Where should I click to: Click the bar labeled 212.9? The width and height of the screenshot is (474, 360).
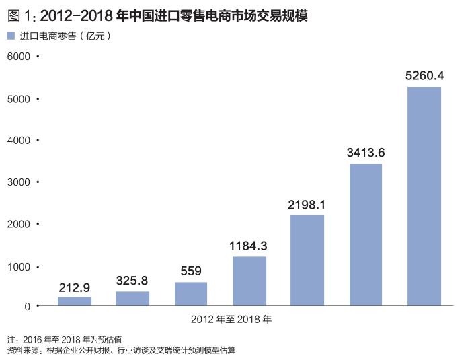(74, 301)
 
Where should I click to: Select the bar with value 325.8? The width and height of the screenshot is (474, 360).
(132, 298)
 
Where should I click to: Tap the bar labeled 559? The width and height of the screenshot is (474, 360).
(191, 293)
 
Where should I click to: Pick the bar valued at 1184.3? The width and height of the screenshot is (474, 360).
(249, 281)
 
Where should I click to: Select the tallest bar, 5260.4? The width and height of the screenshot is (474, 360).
(424, 196)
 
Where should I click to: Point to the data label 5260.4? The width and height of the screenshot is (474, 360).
(424, 75)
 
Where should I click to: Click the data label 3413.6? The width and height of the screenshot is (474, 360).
(366, 153)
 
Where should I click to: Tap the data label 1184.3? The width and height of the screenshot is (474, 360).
(249, 246)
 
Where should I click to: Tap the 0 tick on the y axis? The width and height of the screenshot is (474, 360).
(27, 306)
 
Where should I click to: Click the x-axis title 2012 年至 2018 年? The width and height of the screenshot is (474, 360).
(231, 318)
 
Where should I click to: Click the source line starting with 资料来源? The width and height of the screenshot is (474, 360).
(121, 350)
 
